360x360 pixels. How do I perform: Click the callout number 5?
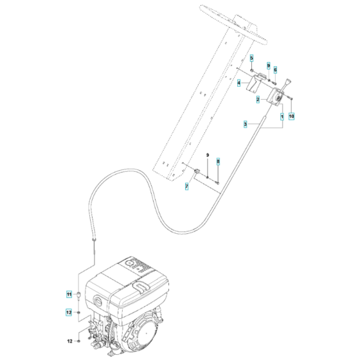252,59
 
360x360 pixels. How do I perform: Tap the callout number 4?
239,83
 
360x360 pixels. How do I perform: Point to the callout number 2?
258,100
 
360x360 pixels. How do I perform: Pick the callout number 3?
245,123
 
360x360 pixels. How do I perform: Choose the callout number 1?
282,116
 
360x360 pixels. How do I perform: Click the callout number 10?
291,116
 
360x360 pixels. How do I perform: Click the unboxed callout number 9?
208,156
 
